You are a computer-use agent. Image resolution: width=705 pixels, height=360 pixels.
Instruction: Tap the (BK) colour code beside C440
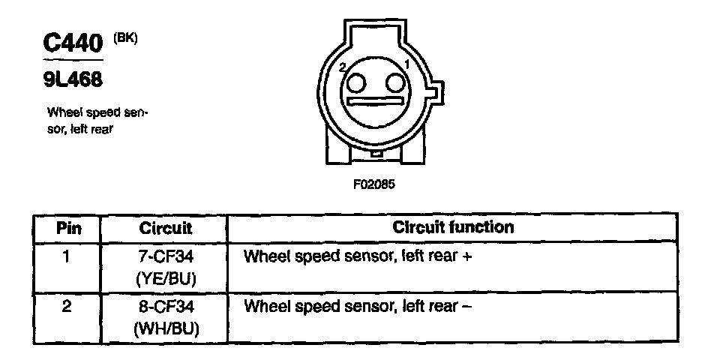(125, 38)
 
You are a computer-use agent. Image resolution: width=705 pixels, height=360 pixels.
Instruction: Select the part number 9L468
(73, 78)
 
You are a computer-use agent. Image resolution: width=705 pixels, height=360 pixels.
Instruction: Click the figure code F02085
(373, 184)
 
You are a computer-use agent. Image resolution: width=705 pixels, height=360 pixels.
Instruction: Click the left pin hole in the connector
(358, 81)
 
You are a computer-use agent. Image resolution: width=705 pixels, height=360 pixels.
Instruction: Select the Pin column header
(68, 227)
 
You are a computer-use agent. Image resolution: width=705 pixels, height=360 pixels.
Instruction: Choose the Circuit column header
(166, 227)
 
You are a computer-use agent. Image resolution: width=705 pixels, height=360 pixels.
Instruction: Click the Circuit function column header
(453, 226)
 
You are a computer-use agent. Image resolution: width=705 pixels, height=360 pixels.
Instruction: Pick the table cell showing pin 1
(67, 256)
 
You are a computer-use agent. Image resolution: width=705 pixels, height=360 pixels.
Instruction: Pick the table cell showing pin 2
(67, 307)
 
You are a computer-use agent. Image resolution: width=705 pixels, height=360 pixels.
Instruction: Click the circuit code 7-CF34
(166, 256)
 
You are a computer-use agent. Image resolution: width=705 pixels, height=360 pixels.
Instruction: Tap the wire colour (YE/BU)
(166, 278)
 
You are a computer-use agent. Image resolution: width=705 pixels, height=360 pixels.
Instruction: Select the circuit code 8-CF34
(166, 307)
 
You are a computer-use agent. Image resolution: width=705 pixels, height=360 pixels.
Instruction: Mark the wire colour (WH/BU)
(166, 328)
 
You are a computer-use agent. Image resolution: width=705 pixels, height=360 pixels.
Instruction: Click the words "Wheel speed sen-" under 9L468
(97, 113)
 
